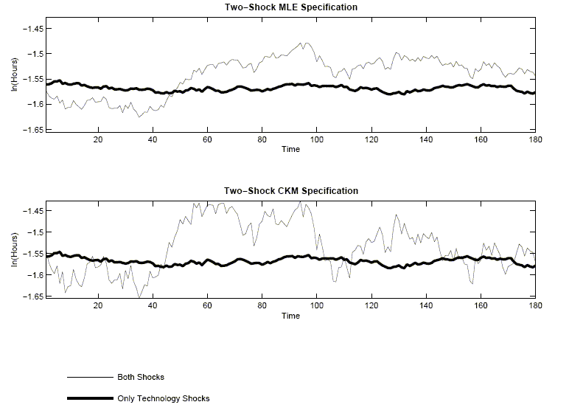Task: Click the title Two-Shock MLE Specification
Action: (290, 7)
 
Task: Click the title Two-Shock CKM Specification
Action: (290, 191)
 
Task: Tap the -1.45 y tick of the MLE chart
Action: (33, 28)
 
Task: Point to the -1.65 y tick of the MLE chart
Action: (33, 129)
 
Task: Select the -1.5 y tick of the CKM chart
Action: (35, 232)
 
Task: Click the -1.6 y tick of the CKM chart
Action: (35, 275)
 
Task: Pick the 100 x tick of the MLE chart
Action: (317, 139)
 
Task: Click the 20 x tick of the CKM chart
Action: (99, 305)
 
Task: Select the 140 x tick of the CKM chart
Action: (426, 305)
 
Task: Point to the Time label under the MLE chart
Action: (290, 149)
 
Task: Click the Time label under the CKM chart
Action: (290, 316)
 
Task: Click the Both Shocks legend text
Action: (136, 377)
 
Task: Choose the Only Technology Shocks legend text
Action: (163, 399)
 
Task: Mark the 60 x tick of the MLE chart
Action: (208, 139)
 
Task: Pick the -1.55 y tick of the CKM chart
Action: (33, 254)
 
